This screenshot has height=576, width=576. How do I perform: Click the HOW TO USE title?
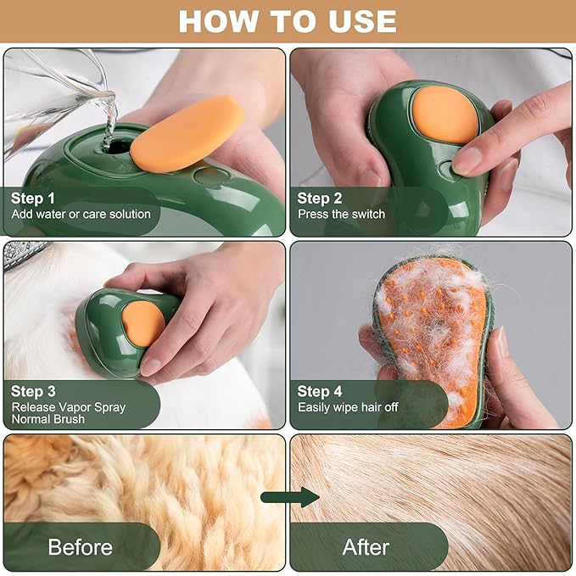click(x=288, y=21)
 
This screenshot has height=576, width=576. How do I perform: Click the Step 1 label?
click(x=38, y=199)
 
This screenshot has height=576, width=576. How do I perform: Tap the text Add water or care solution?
click(x=81, y=214)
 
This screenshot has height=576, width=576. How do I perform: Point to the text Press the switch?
click(x=341, y=214)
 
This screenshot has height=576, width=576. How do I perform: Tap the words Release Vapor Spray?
click(x=68, y=406)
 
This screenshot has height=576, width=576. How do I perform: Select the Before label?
click(x=80, y=546)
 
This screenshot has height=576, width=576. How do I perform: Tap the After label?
click(x=366, y=546)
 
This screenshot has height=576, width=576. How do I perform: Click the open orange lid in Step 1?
click(x=187, y=133)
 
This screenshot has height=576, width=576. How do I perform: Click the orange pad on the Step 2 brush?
click(x=445, y=115)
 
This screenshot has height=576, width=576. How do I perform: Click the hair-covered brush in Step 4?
click(x=433, y=339)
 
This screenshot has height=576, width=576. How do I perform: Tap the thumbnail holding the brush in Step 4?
click(x=502, y=343)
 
